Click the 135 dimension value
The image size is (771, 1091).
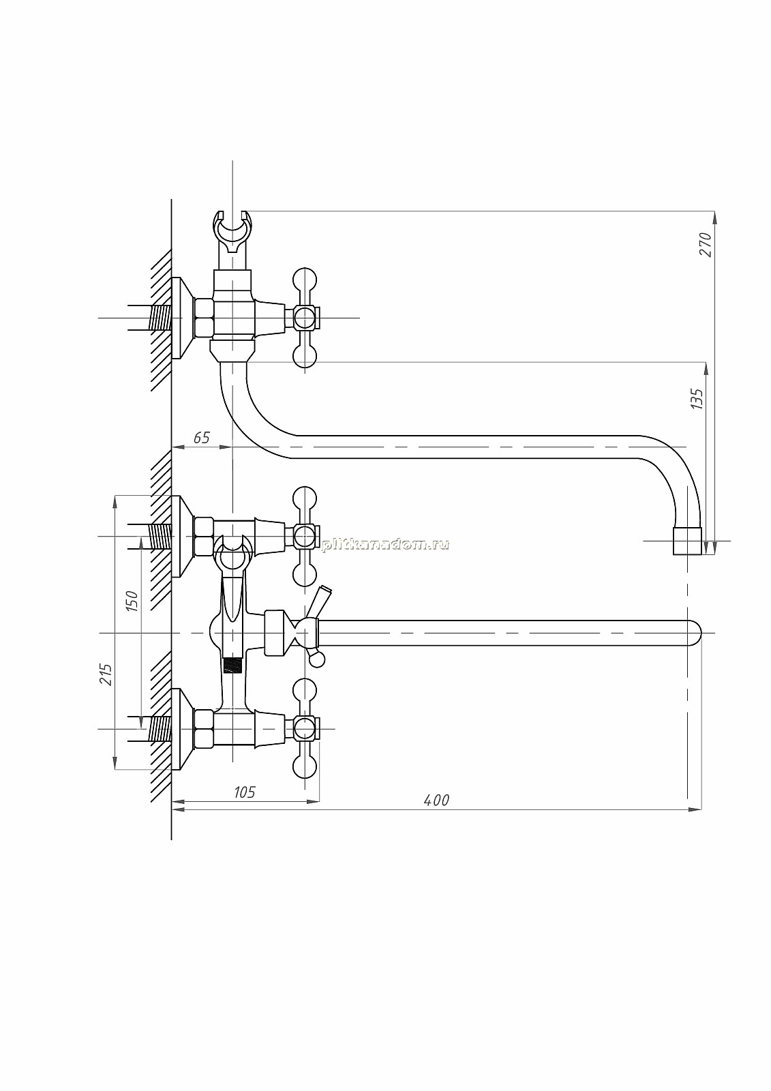pos(697,399)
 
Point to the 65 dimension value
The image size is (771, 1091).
pos(201,438)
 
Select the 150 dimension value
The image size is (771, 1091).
pos(132,601)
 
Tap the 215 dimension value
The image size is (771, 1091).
pos(106,674)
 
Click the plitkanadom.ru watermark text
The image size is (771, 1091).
pos(384,545)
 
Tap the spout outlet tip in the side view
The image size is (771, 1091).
pos(687,541)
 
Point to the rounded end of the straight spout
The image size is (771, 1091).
pos(695,633)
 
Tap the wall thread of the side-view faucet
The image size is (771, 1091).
pos(161,318)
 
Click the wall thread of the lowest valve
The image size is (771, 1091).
pos(161,729)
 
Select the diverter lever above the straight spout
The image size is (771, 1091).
pos(318,603)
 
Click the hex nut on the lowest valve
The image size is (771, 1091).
pos(204,729)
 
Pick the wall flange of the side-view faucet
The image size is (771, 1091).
pos(183,318)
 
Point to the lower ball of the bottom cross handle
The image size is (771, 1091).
pos(305,767)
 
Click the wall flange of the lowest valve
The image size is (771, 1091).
pos(183,729)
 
